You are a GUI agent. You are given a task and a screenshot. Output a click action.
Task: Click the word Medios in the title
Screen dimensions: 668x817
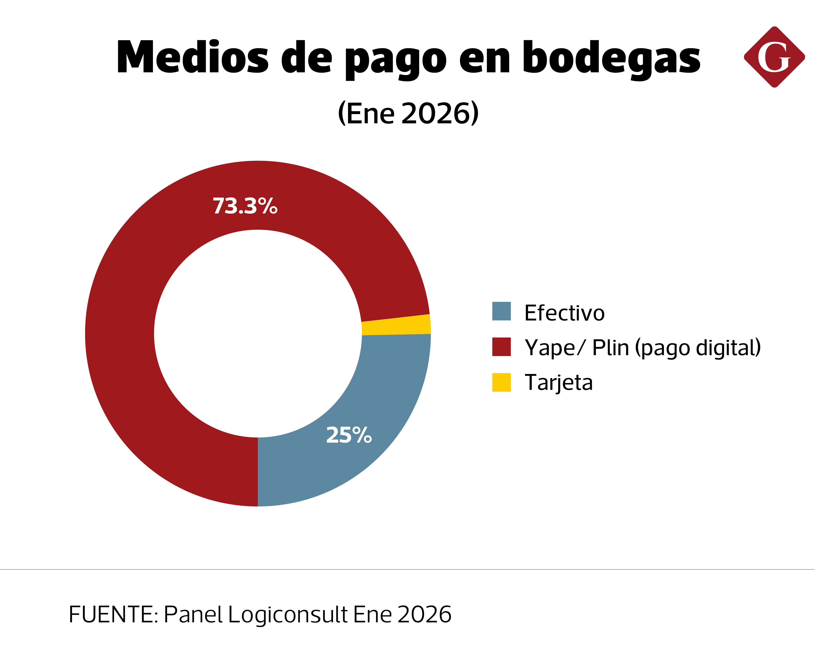coord(192,58)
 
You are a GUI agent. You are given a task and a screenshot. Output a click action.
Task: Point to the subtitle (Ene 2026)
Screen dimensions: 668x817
coord(408,113)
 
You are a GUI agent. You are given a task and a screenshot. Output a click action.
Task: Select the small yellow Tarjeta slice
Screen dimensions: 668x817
coord(396,326)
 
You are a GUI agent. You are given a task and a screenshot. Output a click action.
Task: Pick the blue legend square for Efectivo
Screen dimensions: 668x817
coord(502,311)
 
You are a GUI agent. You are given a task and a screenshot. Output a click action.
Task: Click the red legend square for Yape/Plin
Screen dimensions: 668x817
coord(502,347)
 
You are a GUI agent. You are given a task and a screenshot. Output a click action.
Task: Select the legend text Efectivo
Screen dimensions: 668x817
coord(564,313)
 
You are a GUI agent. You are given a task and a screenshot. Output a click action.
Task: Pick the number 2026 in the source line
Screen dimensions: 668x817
coord(424,614)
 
